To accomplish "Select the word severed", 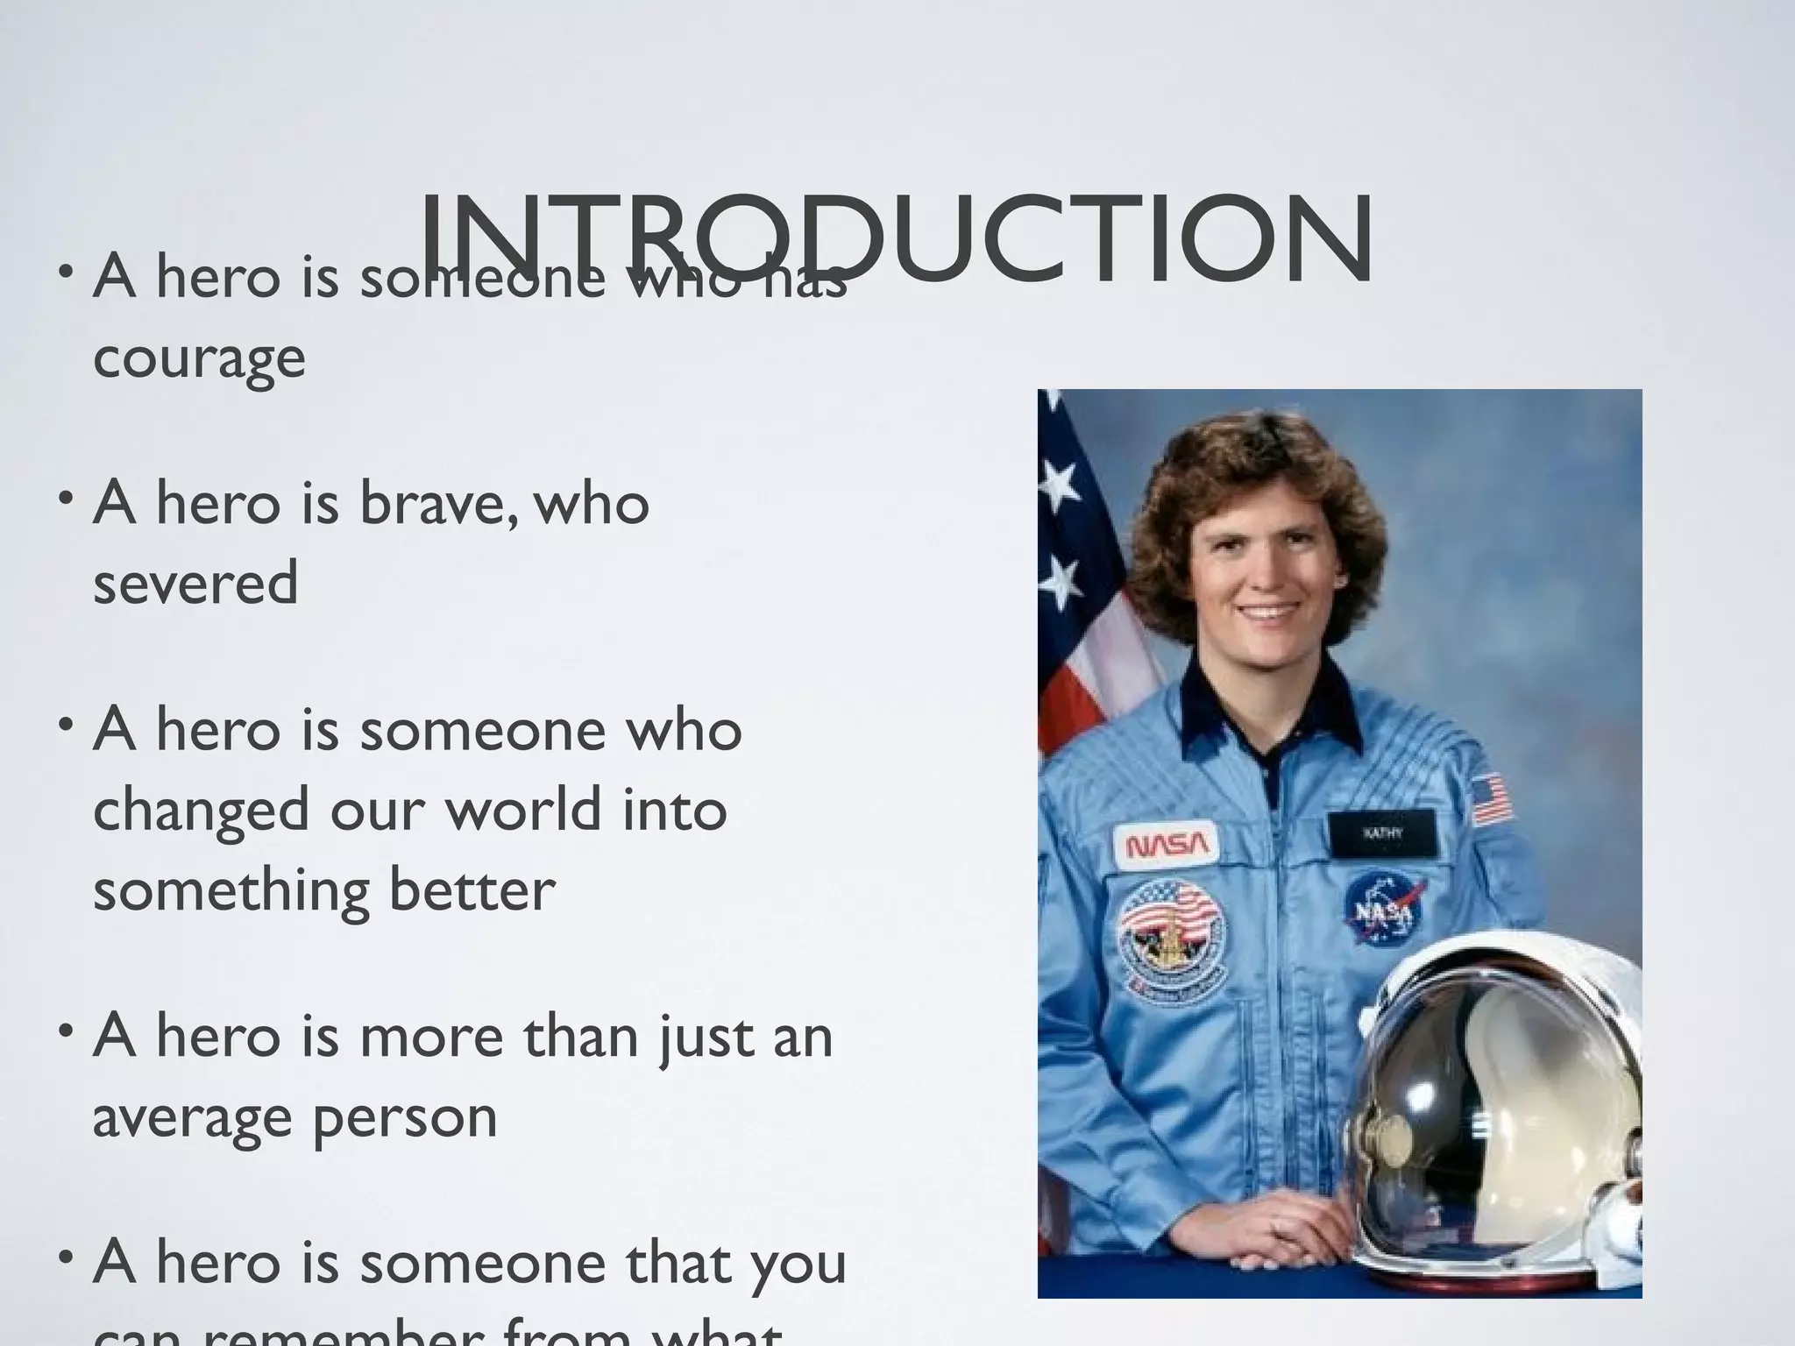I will click(195, 584).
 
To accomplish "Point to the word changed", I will click(201, 811).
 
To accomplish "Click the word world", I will click(524, 809).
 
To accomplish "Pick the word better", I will click(472, 889).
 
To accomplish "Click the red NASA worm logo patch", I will click(1167, 844).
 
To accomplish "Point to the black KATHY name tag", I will click(1382, 833).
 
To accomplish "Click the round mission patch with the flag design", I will click(1171, 937).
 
